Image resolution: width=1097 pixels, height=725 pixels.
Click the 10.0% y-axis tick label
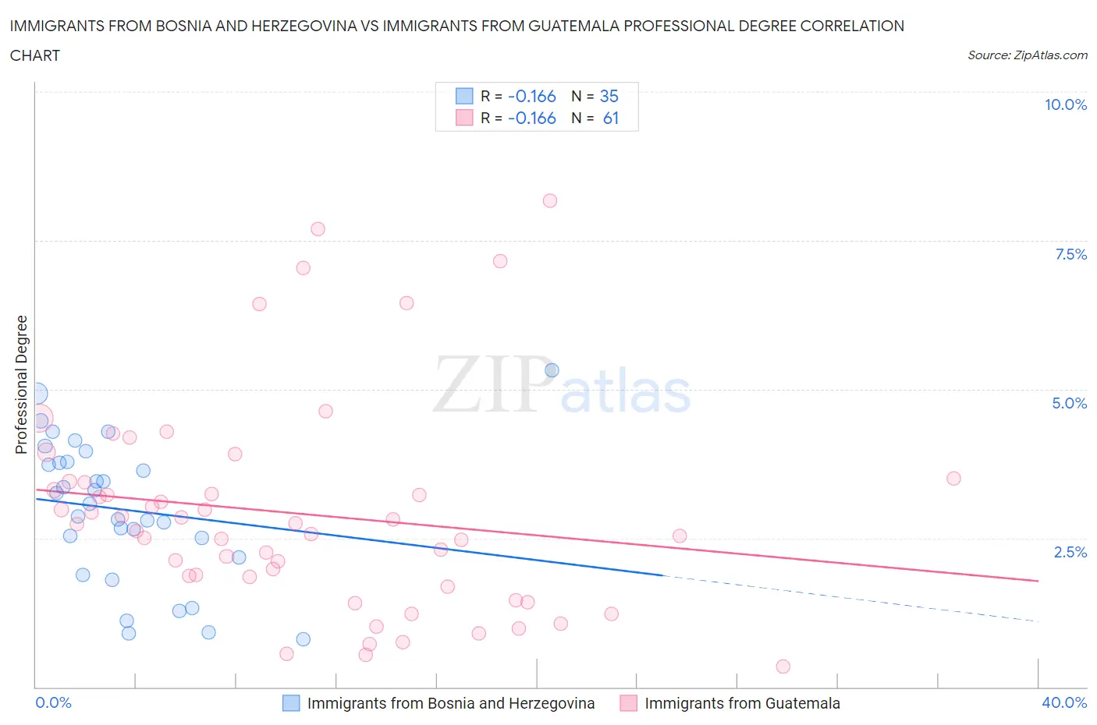(x=1065, y=104)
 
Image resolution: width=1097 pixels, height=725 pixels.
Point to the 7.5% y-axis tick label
(x=1070, y=254)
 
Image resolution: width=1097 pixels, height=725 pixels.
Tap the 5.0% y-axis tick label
(x=1069, y=403)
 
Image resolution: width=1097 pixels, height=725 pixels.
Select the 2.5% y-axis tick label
(x=1070, y=552)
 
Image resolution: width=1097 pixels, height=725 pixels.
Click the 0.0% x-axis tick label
(x=53, y=702)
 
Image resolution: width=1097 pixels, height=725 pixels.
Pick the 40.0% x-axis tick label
(x=1064, y=702)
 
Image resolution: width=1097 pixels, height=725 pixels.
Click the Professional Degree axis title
(x=21, y=384)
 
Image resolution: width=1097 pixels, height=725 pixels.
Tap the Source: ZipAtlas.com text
(x=1027, y=55)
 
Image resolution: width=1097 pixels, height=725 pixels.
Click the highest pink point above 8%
(x=550, y=200)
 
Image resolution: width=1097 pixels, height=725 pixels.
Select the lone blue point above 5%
(x=552, y=370)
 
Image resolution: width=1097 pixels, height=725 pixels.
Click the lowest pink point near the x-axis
(x=783, y=666)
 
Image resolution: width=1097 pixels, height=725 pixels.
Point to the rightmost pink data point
(x=953, y=478)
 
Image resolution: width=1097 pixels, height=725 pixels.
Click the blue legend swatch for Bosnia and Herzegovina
(x=290, y=703)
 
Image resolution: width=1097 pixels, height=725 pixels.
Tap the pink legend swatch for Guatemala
(x=628, y=703)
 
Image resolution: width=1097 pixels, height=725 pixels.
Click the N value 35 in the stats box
(x=609, y=96)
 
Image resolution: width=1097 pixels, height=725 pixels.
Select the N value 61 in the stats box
(x=610, y=118)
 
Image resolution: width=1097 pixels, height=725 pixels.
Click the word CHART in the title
(x=35, y=55)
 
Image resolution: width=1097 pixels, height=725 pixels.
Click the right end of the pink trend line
(x=1038, y=581)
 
